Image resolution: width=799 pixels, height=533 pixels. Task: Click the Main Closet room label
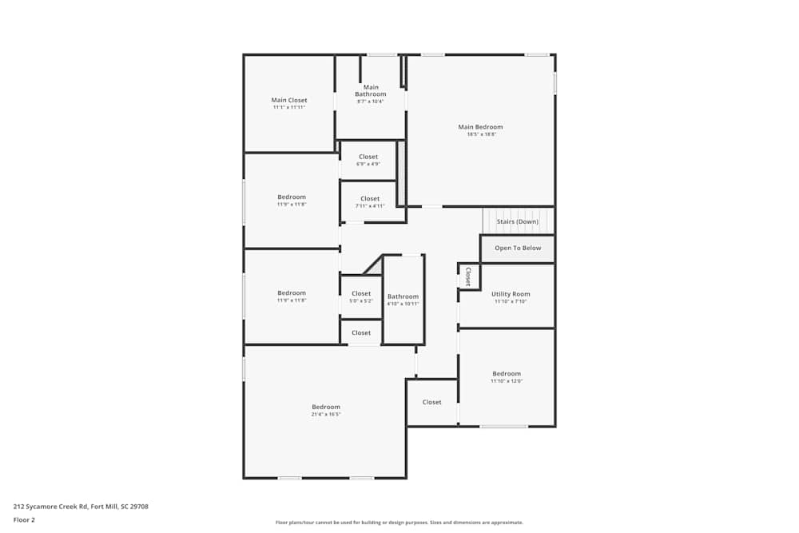point(289,100)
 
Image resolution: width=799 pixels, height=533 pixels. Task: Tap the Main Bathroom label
point(371,90)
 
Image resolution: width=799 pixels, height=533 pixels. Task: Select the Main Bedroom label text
point(480,126)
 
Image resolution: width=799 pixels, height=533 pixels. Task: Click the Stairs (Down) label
point(517,221)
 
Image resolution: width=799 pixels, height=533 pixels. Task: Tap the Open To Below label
point(518,248)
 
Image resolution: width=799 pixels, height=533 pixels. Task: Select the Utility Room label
point(511,294)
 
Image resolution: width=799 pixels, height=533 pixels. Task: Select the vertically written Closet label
point(468,276)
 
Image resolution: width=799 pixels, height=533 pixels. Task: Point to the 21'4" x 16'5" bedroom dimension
point(326,415)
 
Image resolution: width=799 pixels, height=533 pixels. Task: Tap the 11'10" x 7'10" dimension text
point(511,302)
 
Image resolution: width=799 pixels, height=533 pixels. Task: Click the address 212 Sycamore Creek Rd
point(81,506)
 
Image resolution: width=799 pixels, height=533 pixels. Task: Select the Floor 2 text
point(24,519)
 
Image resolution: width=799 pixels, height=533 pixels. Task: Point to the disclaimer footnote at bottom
point(399,523)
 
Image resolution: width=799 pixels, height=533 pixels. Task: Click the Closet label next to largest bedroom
point(431,402)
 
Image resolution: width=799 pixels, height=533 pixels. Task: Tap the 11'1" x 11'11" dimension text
point(289,107)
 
